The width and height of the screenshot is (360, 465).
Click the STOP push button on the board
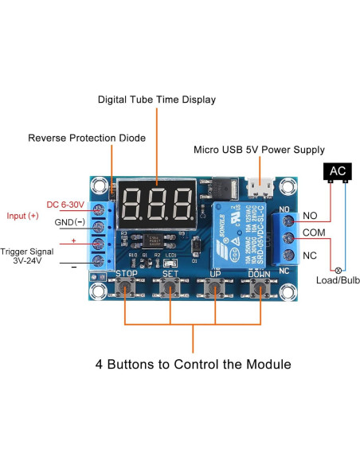(x=125, y=289)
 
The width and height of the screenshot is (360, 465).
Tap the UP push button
(x=215, y=289)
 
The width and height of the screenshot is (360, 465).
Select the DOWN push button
(x=259, y=289)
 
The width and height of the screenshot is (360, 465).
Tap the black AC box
(x=337, y=171)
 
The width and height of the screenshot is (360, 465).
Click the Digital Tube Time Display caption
(x=156, y=100)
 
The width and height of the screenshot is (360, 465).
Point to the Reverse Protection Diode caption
(x=87, y=138)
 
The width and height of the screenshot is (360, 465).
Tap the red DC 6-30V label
(x=65, y=205)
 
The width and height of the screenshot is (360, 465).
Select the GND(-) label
(x=69, y=222)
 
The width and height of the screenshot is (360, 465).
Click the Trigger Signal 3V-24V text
(x=32, y=255)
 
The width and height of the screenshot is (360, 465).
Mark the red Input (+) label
(x=22, y=216)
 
